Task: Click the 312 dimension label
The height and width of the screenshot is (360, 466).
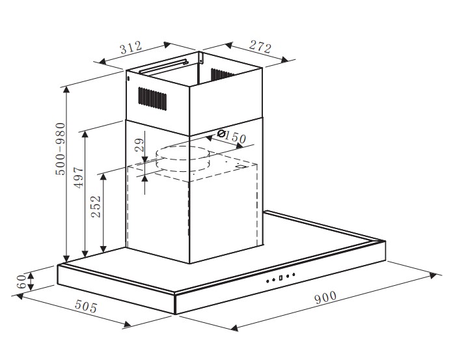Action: (x=131, y=48)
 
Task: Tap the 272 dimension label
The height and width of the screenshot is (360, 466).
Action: (x=260, y=46)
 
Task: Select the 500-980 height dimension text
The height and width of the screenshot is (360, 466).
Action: (x=61, y=148)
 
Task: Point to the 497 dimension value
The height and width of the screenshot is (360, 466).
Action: (x=79, y=178)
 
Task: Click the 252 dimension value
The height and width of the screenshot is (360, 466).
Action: (x=96, y=206)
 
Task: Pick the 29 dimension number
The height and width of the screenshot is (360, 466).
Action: (x=139, y=145)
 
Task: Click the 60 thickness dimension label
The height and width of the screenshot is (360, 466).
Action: (x=21, y=281)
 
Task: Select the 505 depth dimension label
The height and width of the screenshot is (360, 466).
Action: (x=86, y=306)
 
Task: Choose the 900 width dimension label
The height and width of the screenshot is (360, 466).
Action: (x=325, y=298)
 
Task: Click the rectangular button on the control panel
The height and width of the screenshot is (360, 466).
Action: (x=281, y=278)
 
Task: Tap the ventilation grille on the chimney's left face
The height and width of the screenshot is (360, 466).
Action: (x=152, y=99)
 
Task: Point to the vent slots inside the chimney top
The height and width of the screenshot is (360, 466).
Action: (x=223, y=74)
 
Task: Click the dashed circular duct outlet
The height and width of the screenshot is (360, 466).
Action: (x=183, y=159)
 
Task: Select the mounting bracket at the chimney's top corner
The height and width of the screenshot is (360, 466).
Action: (x=201, y=57)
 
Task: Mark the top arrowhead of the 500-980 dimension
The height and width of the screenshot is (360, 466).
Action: (x=66, y=89)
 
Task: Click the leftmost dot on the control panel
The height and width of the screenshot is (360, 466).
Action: (x=267, y=281)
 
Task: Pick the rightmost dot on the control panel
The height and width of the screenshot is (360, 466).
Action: (x=294, y=275)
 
